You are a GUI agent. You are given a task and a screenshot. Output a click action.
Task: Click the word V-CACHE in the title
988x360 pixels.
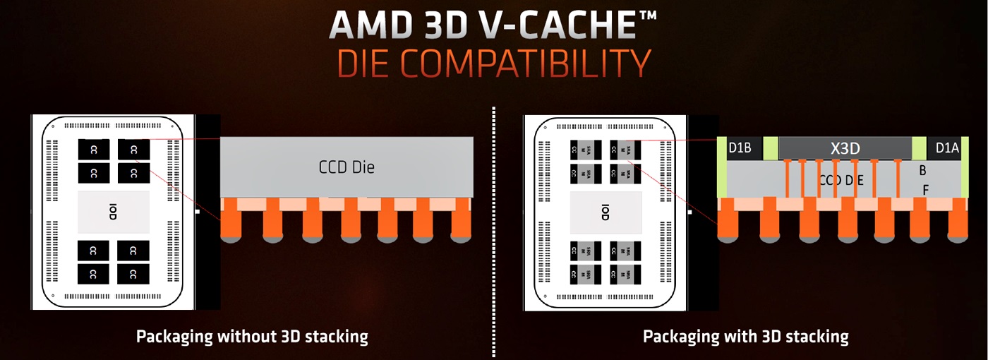[550, 25]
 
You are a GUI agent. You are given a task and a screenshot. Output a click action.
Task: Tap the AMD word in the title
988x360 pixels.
[372, 25]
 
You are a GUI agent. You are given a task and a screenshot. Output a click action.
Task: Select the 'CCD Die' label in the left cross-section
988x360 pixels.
[347, 167]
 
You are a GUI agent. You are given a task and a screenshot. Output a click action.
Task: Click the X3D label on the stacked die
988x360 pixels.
[844, 148]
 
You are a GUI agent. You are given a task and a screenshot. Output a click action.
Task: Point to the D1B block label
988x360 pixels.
[740, 148]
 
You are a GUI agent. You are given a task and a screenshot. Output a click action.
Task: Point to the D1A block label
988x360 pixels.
[947, 148]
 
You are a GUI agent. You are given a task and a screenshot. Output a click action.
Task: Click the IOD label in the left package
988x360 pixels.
[113, 212]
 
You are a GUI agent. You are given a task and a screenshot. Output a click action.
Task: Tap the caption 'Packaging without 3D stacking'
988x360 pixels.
[252, 336]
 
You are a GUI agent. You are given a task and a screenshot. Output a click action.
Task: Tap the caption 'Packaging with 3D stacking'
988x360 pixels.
[745, 336]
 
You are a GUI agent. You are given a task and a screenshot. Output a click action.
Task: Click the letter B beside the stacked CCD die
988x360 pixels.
[922, 170]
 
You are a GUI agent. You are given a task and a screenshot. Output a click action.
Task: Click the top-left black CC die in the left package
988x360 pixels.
[94, 150]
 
